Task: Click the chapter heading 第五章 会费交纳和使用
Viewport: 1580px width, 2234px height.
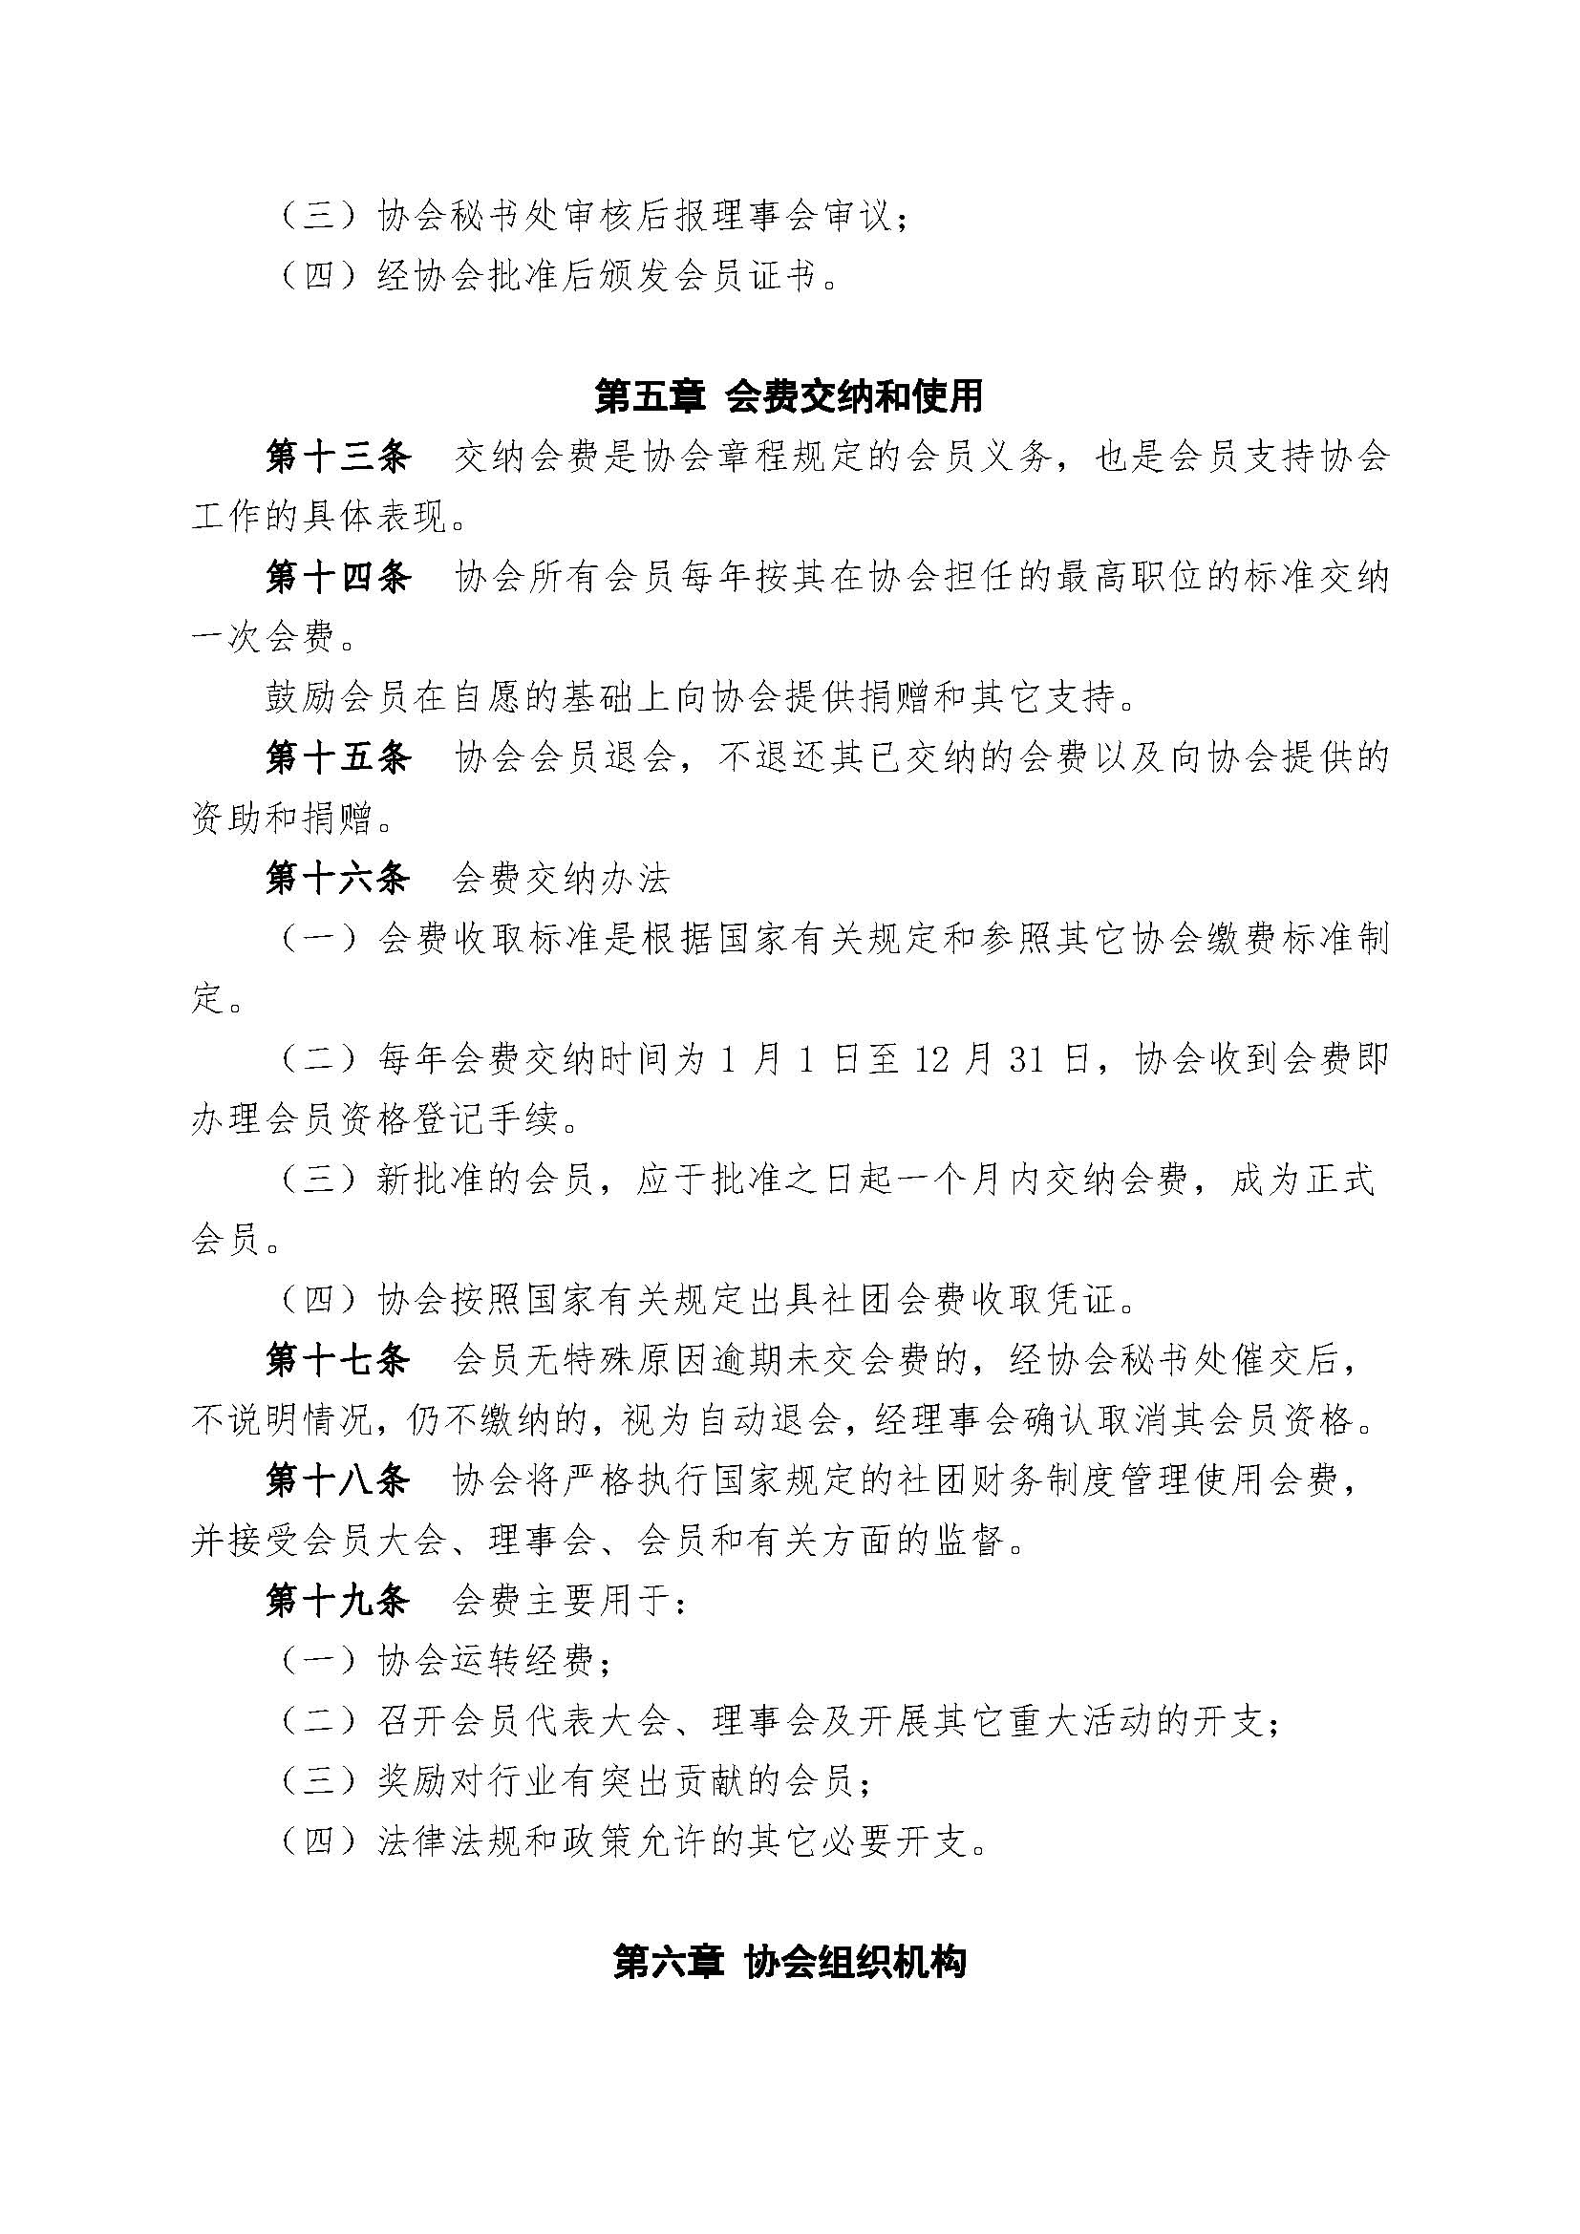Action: [789, 396]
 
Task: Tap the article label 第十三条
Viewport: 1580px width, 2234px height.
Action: [338, 457]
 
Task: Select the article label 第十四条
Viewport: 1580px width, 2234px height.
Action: [338, 578]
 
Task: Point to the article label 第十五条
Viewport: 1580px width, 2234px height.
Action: [338, 759]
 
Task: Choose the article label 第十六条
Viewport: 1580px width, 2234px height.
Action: [338, 880]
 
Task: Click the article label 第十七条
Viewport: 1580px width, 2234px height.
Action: [338, 1361]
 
